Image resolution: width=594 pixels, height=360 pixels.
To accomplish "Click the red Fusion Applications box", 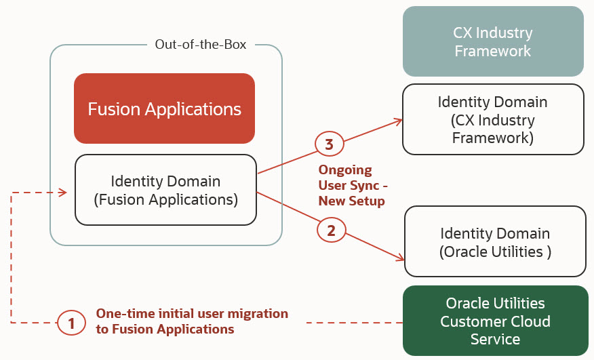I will (x=164, y=108).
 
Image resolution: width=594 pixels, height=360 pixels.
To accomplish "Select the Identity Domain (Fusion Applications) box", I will (x=165, y=190).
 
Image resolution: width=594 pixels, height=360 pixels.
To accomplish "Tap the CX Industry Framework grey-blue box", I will (x=493, y=41).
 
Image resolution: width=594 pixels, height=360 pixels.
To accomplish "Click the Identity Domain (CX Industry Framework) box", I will (x=493, y=120).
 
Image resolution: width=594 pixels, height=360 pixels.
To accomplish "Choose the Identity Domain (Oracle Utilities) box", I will (x=495, y=242).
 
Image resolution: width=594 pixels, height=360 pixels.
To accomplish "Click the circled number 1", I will (x=71, y=323).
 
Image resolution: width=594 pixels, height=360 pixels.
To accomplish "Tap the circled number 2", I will (x=331, y=231).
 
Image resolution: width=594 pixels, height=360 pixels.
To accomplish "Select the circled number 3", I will (x=329, y=144).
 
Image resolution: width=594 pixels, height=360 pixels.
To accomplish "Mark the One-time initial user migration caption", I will (x=192, y=321).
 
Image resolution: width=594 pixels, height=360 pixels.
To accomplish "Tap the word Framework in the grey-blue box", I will (x=493, y=51).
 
